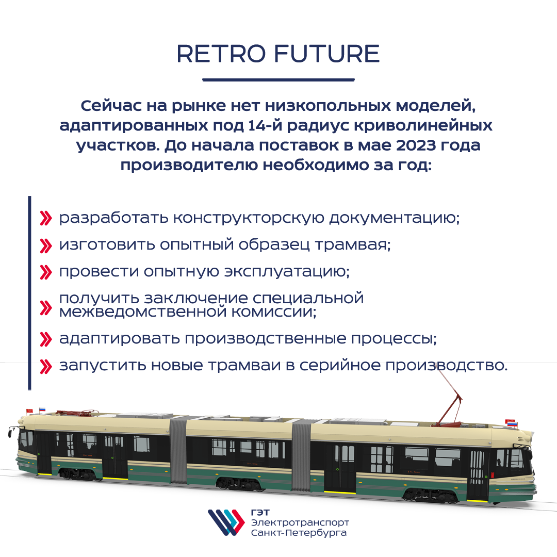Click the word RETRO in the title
(x=221, y=54)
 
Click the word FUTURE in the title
(x=327, y=54)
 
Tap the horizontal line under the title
(x=278, y=80)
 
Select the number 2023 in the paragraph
(x=416, y=145)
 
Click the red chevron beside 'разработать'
(x=46, y=218)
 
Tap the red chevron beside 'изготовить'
(x=46, y=245)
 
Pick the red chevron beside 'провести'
(x=46, y=272)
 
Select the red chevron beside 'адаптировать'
(x=46, y=339)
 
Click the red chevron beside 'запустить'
(x=46, y=366)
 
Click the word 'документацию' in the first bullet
(x=395, y=218)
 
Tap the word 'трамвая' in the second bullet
(x=353, y=245)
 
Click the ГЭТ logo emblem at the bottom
(x=226, y=522)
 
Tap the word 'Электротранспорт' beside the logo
(x=300, y=522)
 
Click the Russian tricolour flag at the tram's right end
(x=512, y=423)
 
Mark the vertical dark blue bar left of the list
(x=29, y=293)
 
